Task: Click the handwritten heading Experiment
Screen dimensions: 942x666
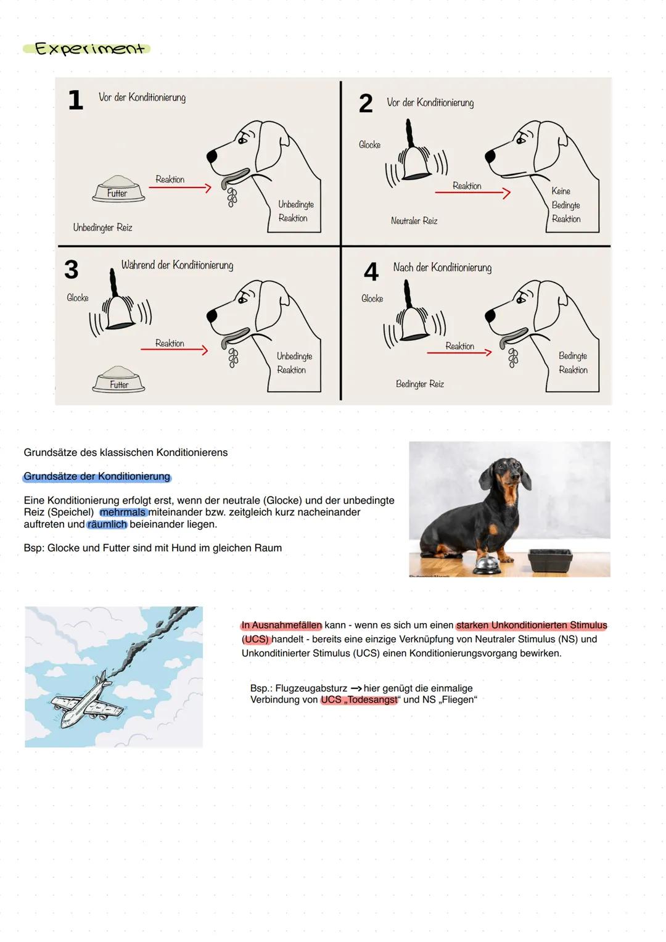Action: (89, 49)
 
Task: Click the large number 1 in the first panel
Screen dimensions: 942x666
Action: (75, 100)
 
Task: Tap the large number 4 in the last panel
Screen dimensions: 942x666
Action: (371, 272)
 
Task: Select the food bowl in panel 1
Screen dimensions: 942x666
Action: (118, 189)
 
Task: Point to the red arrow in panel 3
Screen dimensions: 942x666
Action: (174, 350)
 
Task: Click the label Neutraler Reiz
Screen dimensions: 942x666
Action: (414, 221)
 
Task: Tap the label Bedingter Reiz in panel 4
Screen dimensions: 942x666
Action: (419, 384)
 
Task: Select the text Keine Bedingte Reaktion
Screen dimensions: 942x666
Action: (565, 205)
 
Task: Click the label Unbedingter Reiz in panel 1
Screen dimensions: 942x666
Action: (102, 228)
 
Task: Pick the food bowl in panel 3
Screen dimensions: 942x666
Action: (118, 379)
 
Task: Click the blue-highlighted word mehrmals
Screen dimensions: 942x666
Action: (123, 513)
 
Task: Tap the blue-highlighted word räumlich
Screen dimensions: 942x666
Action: (107, 524)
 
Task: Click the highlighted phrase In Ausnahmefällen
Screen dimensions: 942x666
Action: (282, 626)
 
